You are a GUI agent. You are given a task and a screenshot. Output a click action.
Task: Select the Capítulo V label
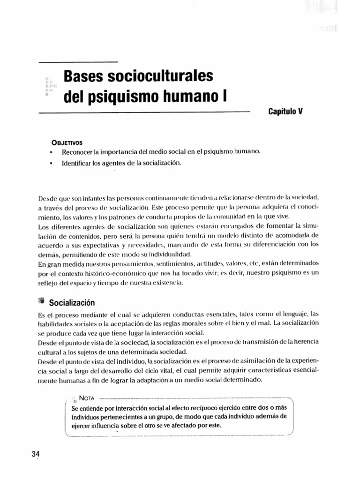pyautogui.click(x=286, y=112)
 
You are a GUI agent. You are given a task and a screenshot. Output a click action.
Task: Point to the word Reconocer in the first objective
pyautogui.click(x=80, y=153)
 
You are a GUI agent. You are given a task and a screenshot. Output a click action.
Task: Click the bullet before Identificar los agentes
pyautogui.click(x=50, y=164)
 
